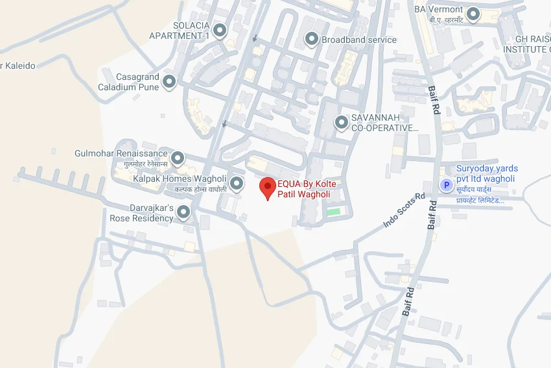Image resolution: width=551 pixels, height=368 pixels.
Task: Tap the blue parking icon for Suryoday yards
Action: point(446,186)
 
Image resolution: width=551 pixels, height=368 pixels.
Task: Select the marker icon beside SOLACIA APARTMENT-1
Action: point(220,30)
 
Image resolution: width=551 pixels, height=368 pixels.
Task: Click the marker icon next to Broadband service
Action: point(311,40)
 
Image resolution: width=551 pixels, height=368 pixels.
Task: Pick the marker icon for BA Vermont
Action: point(474,13)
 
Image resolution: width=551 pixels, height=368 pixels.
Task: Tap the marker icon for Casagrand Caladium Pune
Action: point(170,82)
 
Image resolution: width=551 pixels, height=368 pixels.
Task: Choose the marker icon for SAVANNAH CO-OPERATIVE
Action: point(341,122)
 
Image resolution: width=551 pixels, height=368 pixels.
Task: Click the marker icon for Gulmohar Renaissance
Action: point(177,158)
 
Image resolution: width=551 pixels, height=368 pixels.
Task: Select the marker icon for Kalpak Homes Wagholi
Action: point(237,183)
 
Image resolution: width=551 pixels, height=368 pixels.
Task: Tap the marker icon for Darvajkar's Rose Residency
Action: point(184,212)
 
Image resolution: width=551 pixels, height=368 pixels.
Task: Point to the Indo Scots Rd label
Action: point(403,210)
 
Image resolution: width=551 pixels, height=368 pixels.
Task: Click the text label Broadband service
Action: point(358,40)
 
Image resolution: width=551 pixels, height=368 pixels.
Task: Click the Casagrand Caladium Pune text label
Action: point(128,82)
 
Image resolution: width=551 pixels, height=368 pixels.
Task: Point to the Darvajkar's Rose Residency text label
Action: point(141,213)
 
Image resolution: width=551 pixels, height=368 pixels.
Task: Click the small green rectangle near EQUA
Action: point(333,212)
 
